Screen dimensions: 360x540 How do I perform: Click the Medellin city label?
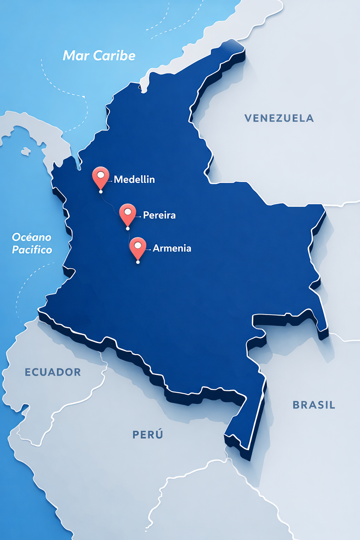(134, 179)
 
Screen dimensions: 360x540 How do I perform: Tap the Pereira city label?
(159, 215)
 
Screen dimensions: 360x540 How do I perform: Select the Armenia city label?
(172, 248)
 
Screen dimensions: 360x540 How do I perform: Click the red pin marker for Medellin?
(101, 177)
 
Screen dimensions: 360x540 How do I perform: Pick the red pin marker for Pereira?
(128, 214)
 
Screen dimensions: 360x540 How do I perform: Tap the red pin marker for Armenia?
(138, 247)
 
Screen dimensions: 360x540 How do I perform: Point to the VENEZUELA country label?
(279, 118)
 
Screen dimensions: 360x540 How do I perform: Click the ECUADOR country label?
(53, 372)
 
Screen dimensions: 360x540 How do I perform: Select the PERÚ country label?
(148, 435)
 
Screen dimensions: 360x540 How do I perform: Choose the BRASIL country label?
(314, 405)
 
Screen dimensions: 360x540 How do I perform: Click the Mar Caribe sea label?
(99, 56)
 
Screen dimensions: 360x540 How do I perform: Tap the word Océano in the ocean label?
(32, 237)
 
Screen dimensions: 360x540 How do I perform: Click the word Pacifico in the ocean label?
(32, 250)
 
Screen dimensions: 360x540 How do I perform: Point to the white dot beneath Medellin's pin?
(101, 192)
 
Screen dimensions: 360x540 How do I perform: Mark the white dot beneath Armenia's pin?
(138, 262)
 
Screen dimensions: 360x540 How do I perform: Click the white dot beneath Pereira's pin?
(128, 229)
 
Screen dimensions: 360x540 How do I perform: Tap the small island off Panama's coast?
(25, 152)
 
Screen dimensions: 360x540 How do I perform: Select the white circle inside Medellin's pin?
(101, 174)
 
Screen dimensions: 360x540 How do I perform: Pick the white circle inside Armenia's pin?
(138, 245)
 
